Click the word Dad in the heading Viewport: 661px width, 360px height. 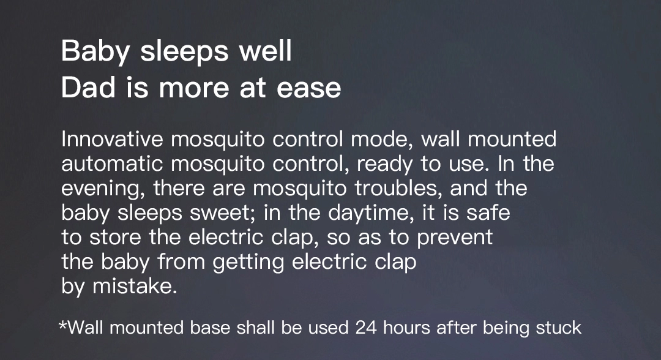[x=88, y=88]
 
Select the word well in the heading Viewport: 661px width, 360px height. [x=265, y=51]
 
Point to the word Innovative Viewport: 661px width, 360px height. [x=112, y=139]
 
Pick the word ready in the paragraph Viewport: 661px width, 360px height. [x=384, y=165]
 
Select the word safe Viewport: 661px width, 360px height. [x=488, y=212]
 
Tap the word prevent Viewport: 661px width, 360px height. [x=455, y=238]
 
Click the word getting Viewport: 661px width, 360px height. [x=248, y=262]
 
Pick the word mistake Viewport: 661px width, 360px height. [x=135, y=286]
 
